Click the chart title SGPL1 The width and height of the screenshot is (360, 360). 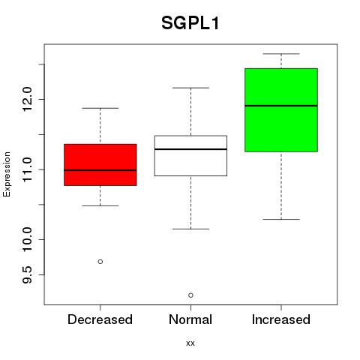pyautogui.click(x=190, y=23)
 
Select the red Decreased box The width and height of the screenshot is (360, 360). pyautogui.click(x=100, y=165)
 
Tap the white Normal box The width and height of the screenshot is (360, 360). pyautogui.click(x=190, y=156)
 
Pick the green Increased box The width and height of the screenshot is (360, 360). pyautogui.click(x=281, y=110)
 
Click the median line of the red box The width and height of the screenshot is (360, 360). pyautogui.click(x=100, y=170)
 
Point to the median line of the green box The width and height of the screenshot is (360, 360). pyautogui.click(x=281, y=106)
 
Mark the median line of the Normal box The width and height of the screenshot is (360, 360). pyautogui.click(x=190, y=149)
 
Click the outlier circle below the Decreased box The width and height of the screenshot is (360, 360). pyautogui.click(x=100, y=262)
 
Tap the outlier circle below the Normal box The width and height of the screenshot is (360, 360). pyautogui.click(x=190, y=295)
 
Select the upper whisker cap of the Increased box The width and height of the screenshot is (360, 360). pyautogui.click(x=281, y=54)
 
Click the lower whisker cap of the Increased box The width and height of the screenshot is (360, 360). pyautogui.click(x=281, y=219)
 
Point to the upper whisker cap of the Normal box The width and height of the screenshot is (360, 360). pyautogui.click(x=190, y=88)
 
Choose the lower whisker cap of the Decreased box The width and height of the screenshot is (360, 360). pyautogui.click(x=100, y=205)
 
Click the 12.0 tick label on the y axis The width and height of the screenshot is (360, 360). pyautogui.click(x=27, y=99)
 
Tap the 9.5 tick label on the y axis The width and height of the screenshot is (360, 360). pyautogui.click(x=27, y=274)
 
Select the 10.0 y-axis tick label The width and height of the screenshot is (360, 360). pyautogui.click(x=27, y=239)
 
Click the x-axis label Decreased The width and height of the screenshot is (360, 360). pyautogui.click(x=100, y=319)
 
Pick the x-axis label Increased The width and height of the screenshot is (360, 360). pyautogui.click(x=281, y=319)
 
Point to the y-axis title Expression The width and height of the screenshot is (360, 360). pyautogui.click(x=7, y=174)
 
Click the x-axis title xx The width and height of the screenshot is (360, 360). pyautogui.click(x=190, y=343)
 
